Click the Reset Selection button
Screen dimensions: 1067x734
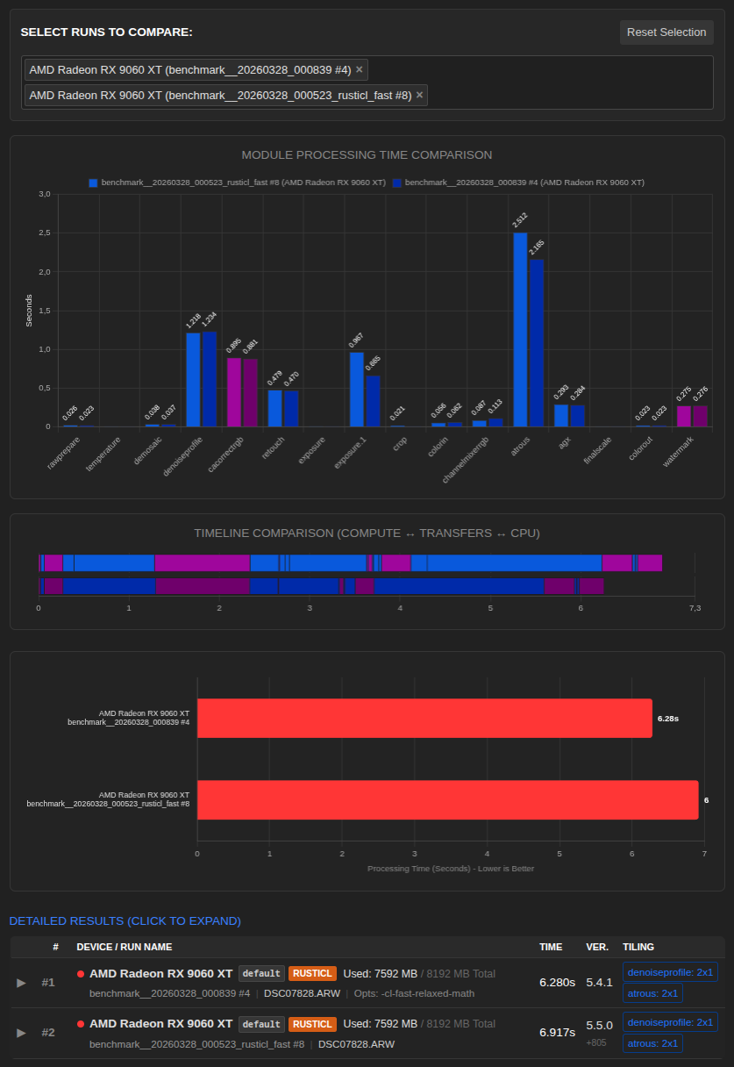666,32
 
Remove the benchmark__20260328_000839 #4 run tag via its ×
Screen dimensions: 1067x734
360,69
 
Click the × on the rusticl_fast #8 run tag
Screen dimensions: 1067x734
419,95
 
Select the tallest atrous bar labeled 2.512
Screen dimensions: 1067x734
520,329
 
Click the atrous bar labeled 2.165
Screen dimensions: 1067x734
537,342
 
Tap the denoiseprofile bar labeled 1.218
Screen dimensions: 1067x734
193,379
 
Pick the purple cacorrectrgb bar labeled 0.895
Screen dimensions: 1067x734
234,391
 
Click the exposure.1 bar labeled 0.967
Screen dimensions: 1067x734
356,389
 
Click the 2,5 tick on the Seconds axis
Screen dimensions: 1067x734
44,233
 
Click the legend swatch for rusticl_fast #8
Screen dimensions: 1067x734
93,183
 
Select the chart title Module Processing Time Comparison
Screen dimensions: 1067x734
367,155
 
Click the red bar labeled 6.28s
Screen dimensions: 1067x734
424,718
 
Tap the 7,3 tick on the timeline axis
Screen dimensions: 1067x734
695,607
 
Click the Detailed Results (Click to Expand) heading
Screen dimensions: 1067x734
125,920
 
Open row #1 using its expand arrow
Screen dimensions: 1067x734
22,982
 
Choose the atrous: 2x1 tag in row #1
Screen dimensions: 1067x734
652,993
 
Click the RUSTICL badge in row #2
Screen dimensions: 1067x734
312,1023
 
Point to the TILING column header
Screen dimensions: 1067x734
638,947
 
